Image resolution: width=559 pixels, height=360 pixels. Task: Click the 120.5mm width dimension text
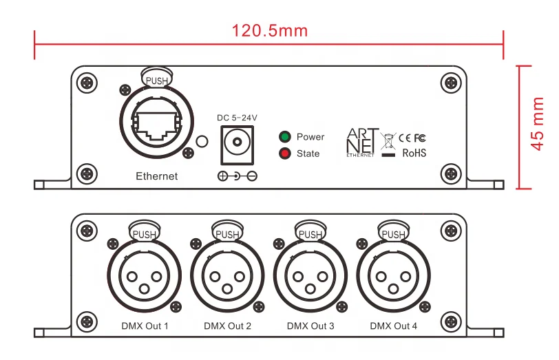click(269, 31)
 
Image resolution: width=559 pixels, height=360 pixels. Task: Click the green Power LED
click(284, 136)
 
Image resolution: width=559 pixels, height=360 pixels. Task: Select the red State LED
click(284, 153)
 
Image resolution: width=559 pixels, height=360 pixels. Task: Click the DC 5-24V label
click(237, 118)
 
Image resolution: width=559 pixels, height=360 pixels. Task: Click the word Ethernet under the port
click(156, 176)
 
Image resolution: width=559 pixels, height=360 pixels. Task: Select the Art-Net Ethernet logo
click(361, 142)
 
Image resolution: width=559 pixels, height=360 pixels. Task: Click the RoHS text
click(414, 153)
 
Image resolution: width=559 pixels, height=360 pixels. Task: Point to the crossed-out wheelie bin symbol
click(389, 141)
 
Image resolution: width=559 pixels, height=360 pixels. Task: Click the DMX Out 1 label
click(145, 326)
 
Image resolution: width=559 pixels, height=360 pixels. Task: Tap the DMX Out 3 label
click(310, 326)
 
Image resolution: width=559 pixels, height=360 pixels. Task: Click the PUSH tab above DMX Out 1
click(145, 233)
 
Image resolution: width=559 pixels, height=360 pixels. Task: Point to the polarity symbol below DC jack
click(237, 176)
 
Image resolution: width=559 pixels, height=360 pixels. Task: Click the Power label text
click(310, 137)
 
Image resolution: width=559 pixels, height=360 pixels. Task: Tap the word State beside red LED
click(308, 153)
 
